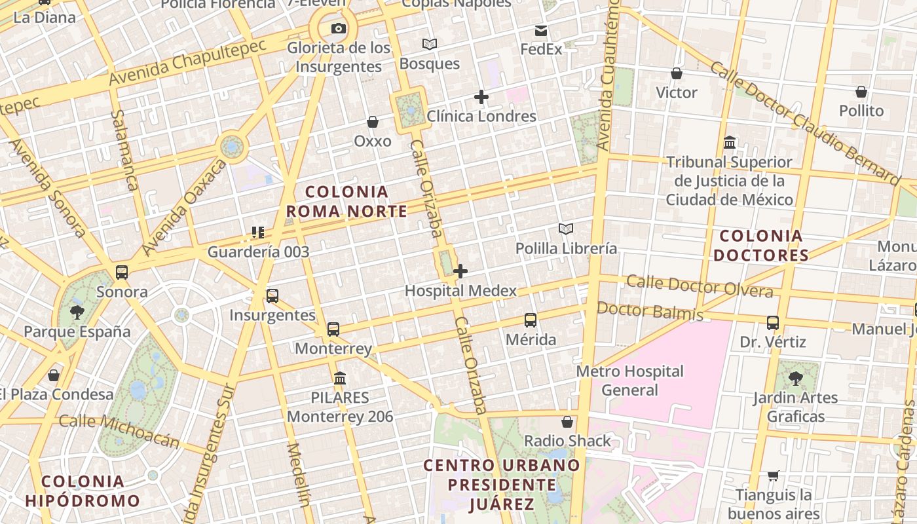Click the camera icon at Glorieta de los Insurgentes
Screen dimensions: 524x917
pyautogui.click(x=339, y=28)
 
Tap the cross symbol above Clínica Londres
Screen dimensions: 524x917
pyautogui.click(x=481, y=97)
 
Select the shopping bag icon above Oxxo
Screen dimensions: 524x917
pyautogui.click(x=373, y=122)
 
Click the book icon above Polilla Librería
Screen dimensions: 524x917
pyautogui.click(x=566, y=229)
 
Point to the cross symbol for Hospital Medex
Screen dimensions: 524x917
pyautogui.click(x=460, y=271)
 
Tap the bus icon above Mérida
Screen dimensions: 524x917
pyautogui.click(x=531, y=320)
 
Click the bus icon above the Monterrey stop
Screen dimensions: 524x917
pyautogui.click(x=333, y=329)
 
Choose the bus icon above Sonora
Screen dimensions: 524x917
pyautogui.click(x=122, y=272)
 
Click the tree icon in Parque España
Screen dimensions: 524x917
pyautogui.click(x=77, y=312)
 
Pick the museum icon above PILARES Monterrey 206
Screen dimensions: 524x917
pyautogui.click(x=340, y=378)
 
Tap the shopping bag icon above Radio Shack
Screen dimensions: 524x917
pyautogui.click(x=567, y=422)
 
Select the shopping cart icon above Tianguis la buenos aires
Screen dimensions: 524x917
pyautogui.click(x=774, y=476)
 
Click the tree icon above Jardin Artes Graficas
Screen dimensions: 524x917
pyautogui.click(x=796, y=378)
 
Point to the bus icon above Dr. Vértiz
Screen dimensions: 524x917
pyautogui.click(x=773, y=322)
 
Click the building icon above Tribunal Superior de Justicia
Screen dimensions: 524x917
pyautogui.click(x=730, y=142)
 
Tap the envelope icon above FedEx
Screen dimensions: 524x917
pyautogui.click(x=541, y=30)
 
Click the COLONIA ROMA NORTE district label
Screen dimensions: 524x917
pyautogui.click(x=347, y=201)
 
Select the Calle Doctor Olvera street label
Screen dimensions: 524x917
pyautogui.click(x=700, y=286)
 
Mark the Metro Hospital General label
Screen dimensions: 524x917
pyautogui.click(x=629, y=381)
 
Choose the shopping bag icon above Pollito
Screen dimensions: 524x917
pyautogui.click(x=861, y=92)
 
